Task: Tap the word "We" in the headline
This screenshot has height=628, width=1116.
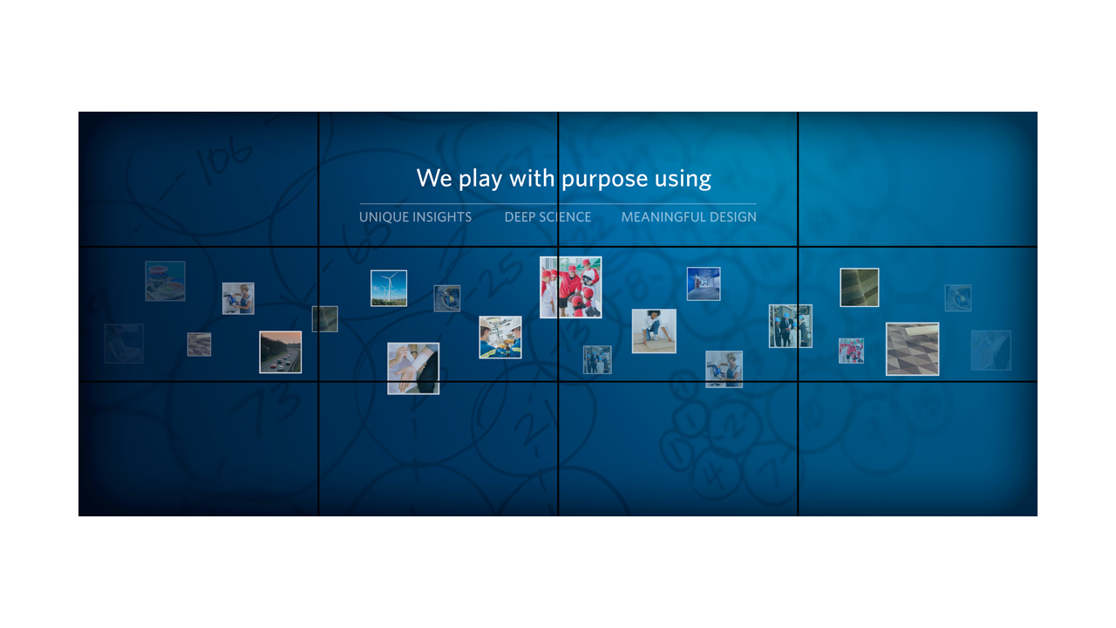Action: click(434, 178)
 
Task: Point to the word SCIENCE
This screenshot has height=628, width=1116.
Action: click(562, 217)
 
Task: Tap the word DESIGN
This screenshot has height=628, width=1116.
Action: click(733, 217)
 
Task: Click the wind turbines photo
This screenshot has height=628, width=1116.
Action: click(389, 288)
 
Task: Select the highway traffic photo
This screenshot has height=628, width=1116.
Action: click(281, 352)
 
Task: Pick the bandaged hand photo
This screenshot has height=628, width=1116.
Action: click(413, 368)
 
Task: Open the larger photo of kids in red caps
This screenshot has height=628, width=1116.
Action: click(570, 287)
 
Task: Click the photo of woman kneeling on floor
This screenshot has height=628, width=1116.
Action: click(654, 331)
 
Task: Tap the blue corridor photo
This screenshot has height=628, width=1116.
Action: click(704, 283)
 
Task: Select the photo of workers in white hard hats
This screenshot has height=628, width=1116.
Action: click(500, 337)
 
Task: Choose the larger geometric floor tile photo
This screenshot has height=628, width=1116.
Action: click(912, 349)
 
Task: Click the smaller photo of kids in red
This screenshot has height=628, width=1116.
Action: click(852, 351)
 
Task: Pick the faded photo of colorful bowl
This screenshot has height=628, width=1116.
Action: click(165, 281)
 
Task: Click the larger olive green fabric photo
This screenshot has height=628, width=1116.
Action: click(860, 288)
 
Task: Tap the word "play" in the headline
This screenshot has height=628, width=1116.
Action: click(480, 180)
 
